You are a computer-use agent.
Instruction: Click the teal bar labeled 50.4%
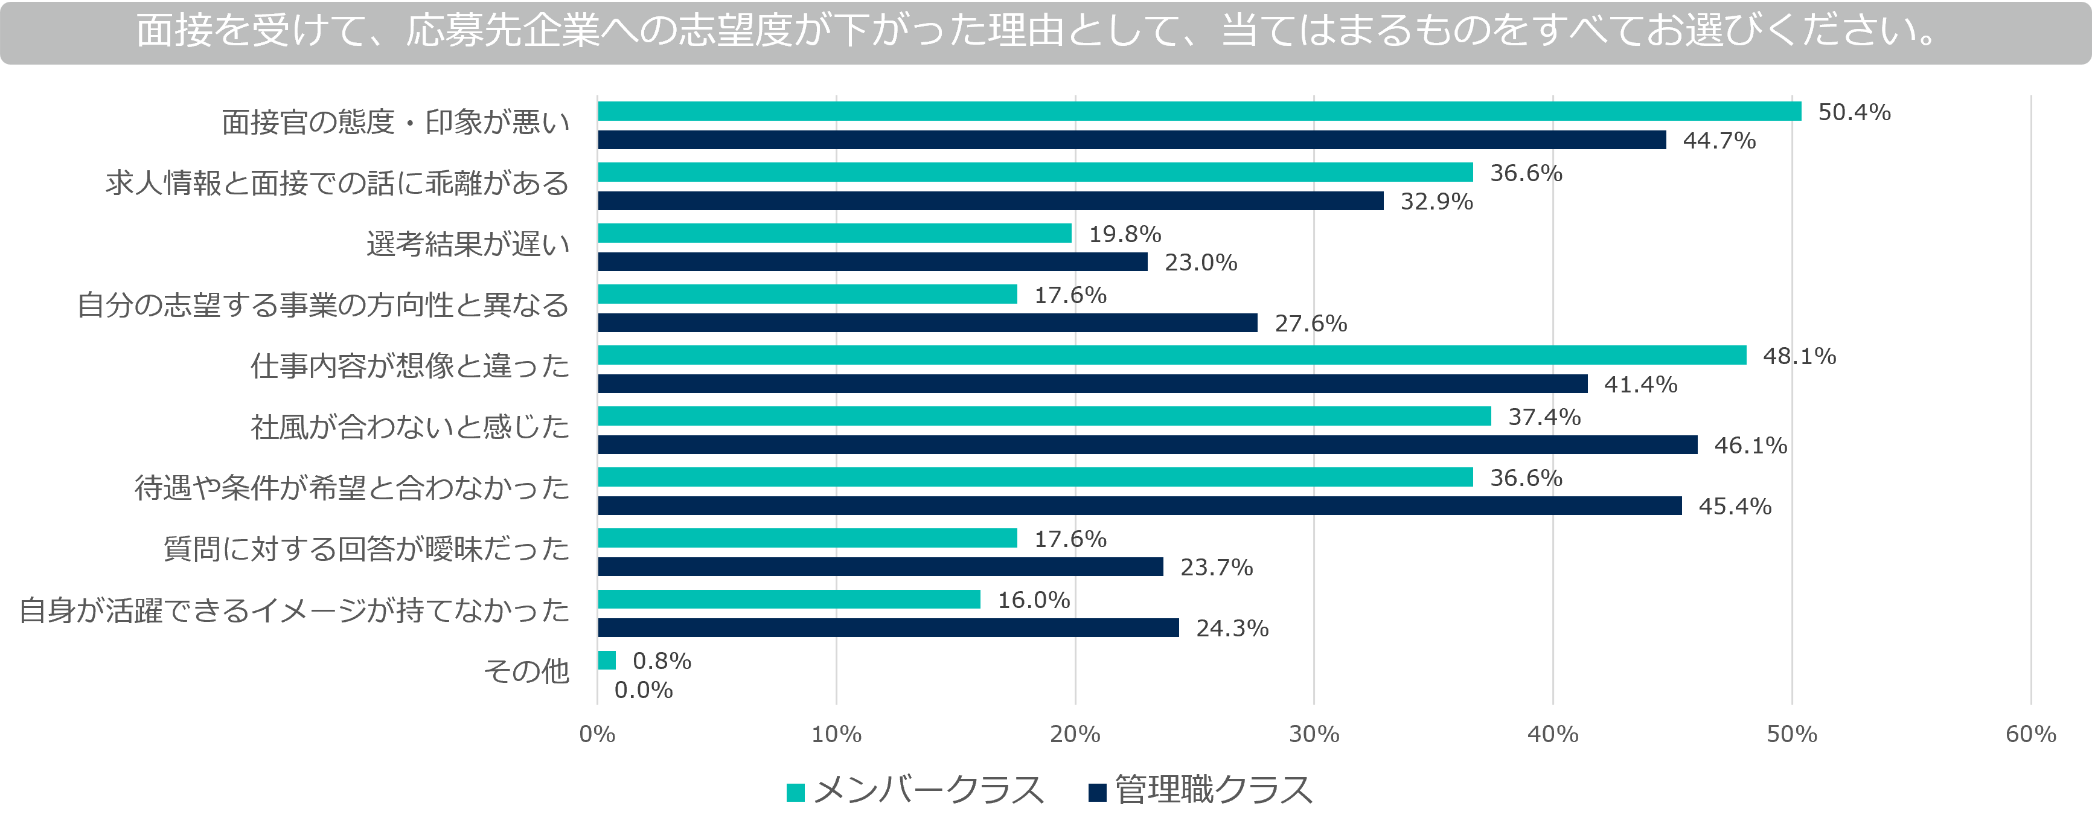pyautogui.click(x=1198, y=111)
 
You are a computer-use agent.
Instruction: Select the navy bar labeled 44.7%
pyautogui.click(x=1131, y=139)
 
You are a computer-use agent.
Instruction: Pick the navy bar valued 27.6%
pyautogui.click(x=927, y=323)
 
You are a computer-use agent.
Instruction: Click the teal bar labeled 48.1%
pyautogui.click(x=1171, y=355)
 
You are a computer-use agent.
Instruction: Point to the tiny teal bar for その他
pyautogui.click(x=607, y=660)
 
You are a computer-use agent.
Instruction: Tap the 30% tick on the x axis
pyautogui.click(x=1314, y=734)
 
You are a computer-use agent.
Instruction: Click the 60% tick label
pyautogui.click(x=2030, y=734)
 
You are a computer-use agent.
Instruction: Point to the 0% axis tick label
pyautogui.click(x=597, y=734)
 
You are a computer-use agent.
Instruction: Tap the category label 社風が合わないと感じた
pyautogui.click(x=409, y=427)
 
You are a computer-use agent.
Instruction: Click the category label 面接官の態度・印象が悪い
pyautogui.click(x=395, y=123)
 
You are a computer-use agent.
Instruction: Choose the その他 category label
pyautogui.click(x=526, y=671)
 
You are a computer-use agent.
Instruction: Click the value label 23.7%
pyautogui.click(x=1216, y=567)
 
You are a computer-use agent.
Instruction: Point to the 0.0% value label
pyautogui.click(x=643, y=690)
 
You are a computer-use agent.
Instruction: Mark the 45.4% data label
pyautogui.click(x=1735, y=506)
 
